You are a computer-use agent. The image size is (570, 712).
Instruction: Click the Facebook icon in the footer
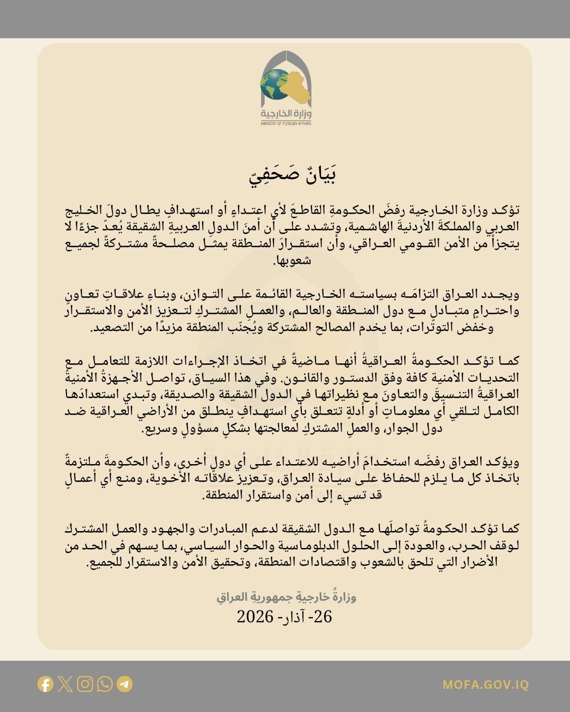tap(45, 684)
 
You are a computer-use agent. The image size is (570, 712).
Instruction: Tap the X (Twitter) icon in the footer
tap(65, 684)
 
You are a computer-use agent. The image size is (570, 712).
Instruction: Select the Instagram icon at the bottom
tap(85, 684)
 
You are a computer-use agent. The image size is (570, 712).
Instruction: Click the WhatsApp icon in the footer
tap(104, 684)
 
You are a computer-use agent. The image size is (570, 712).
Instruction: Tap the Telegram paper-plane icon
tap(125, 684)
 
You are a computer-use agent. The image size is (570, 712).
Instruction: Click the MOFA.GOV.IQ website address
tap(485, 685)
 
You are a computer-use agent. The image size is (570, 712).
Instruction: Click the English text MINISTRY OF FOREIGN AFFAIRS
tap(286, 123)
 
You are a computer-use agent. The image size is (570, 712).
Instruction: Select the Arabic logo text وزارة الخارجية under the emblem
tap(286, 114)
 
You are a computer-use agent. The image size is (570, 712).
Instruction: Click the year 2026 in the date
tap(255, 616)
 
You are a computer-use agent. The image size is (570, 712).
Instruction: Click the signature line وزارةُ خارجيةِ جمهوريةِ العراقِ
tap(286, 597)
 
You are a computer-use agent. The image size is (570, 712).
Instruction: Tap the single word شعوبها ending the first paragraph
tap(292, 261)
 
